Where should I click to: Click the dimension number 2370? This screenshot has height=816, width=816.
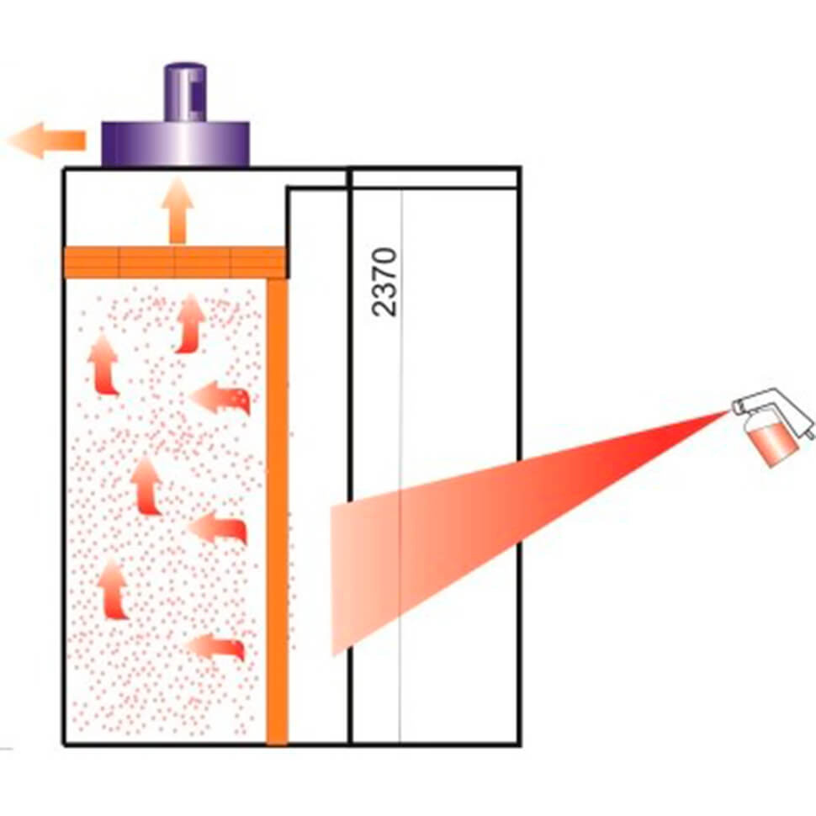tap(385, 282)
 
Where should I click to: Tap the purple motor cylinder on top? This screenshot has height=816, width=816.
tap(185, 93)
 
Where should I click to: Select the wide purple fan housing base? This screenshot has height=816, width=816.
tap(175, 144)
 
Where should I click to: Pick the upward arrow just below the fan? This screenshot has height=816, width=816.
tap(178, 210)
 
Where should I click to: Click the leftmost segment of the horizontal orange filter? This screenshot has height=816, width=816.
tap(92, 262)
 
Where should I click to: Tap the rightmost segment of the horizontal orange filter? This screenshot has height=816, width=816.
tap(258, 262)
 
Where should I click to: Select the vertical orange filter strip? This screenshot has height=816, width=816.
tap(278, 512)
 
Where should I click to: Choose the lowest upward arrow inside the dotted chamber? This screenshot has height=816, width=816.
tap(113, 589)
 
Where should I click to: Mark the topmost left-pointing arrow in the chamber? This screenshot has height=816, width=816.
tap(220, 398)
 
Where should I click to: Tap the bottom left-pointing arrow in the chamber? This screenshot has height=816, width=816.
tap(214, 647)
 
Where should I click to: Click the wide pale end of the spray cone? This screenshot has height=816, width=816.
tap(332, 579)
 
